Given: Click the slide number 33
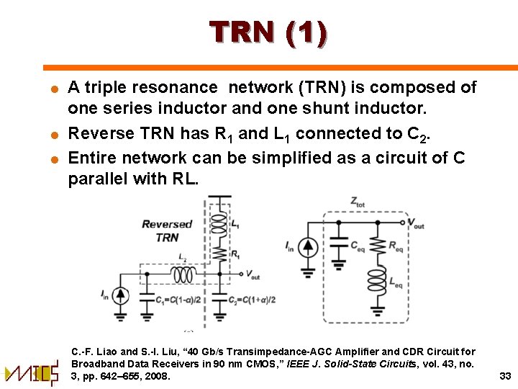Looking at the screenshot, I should [x=504, y=375].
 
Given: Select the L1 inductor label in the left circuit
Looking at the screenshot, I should [x=235, y=225].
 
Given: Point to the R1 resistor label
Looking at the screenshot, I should [x=235, y=254].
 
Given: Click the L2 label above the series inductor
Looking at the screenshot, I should [x=183, y=259].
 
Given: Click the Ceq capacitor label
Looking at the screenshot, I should [x=358, y=246].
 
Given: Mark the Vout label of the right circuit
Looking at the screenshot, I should [x=416, y=225].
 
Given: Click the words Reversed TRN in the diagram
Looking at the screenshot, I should [x=167, y=231].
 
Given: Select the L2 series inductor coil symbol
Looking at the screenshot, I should [x=185, y=274].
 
